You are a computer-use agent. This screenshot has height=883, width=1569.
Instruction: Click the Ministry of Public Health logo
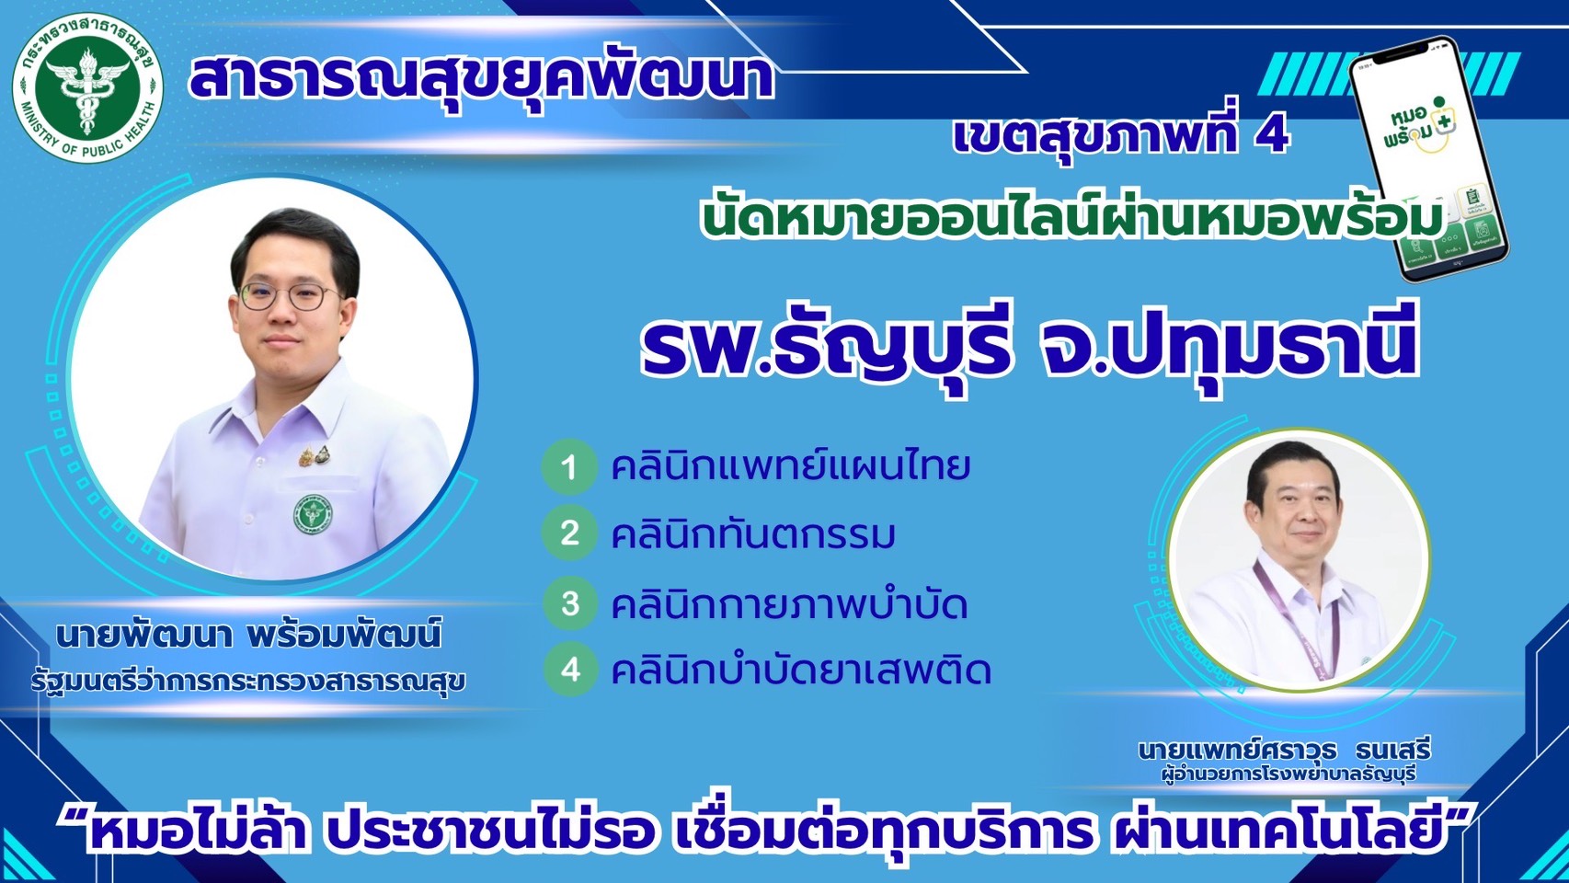point(87,87)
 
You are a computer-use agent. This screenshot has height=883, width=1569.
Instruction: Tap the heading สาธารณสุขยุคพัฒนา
point(480,76)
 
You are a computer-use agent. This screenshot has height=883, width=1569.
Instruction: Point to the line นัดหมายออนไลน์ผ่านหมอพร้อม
point(1071,220)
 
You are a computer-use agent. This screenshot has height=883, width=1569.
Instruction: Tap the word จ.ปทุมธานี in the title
point(1227,345)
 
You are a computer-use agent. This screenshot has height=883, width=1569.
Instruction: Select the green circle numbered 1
point(569,467)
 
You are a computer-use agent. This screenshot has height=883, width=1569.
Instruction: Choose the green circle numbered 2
point(569,533)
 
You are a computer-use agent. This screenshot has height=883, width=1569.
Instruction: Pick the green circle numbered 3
point(570,603)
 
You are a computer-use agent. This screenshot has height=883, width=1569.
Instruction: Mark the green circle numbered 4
point(570,669)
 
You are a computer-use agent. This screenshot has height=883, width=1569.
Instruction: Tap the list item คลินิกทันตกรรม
point(753,534)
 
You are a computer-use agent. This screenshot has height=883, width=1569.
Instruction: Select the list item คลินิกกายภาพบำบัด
point(789,605)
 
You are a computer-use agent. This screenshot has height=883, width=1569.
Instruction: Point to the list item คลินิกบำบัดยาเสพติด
point(801,671)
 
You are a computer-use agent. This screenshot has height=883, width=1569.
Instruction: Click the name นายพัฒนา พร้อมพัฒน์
point(248,635)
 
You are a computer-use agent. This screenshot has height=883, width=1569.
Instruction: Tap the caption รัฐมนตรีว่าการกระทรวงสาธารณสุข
point(248,682)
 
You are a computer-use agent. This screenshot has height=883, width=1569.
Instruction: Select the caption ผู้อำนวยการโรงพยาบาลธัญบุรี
point(1288,774)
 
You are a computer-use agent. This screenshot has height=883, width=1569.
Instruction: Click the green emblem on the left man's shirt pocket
point(313,514)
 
